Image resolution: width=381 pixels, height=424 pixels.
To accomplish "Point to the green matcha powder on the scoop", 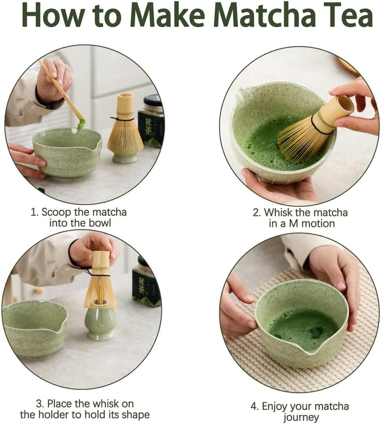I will (81, 123).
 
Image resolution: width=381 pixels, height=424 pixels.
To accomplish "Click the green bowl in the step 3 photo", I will (34, 327).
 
